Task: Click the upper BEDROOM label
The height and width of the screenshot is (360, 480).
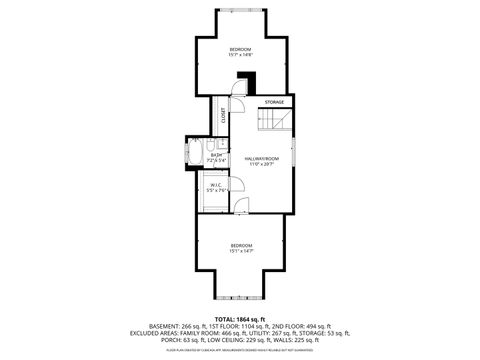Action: pos(240,49)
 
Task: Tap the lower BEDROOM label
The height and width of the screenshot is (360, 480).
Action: pos(241,245)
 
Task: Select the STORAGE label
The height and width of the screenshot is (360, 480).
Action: pos(274,102)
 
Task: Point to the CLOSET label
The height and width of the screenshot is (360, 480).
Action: pos(223,116)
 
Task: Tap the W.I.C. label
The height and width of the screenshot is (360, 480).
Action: pos(216,184)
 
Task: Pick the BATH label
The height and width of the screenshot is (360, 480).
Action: pos(216,154)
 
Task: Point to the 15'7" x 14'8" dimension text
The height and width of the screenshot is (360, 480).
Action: pos(240,56)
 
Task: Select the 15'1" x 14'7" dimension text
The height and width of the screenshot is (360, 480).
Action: pos(241,252)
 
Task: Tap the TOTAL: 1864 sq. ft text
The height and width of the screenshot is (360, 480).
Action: pos(240,319)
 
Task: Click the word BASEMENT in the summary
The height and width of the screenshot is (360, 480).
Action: pos(166,327)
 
